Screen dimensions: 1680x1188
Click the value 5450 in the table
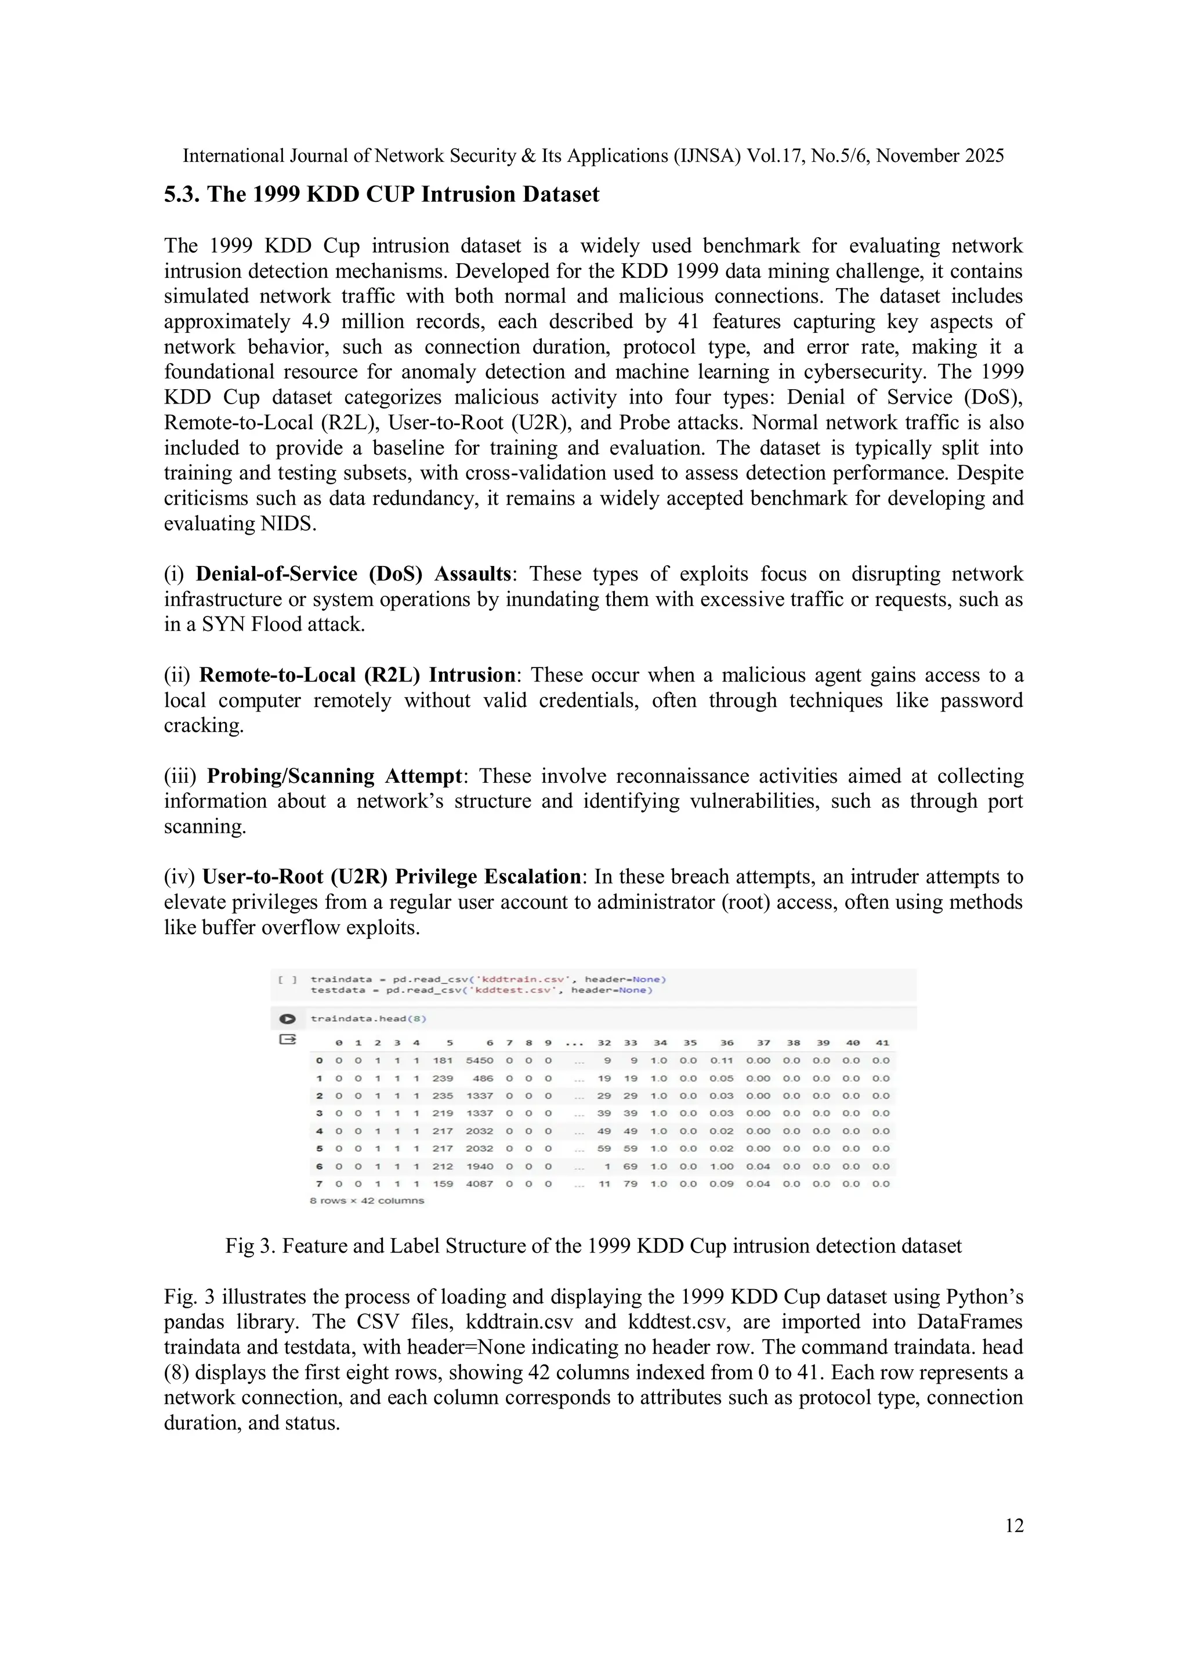coord(480,1060)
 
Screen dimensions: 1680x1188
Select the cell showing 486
coord(483,1078)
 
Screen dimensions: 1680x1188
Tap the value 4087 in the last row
coord(480,1183)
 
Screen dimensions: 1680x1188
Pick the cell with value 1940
coord(480,1166)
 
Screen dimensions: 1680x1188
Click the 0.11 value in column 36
coord(721,1060)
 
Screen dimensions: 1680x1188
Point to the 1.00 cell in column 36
coord(721,1166)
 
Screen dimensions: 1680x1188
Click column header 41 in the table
coord(882,1043)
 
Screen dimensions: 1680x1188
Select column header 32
coord(604,1043)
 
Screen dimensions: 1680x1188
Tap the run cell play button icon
coord(287,1018)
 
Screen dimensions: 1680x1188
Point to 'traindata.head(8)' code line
coord(368,1018)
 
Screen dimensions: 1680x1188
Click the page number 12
coord(1014,1526)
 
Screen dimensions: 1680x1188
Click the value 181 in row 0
coord(442,1060)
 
